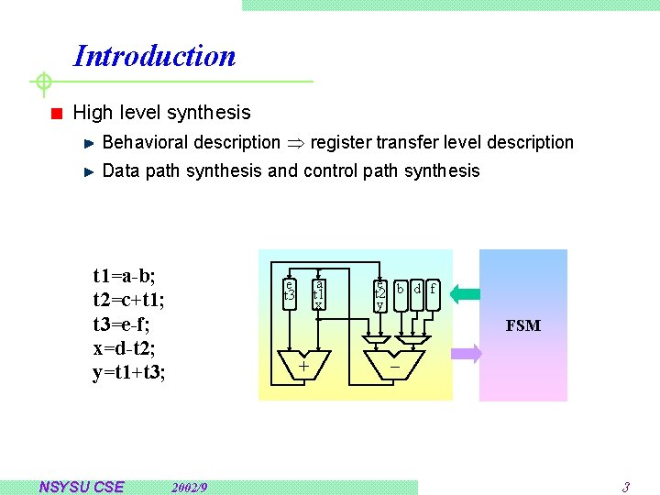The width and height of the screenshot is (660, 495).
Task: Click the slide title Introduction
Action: click(154, 56)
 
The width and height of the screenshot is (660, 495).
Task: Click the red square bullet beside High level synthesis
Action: click(56, 114)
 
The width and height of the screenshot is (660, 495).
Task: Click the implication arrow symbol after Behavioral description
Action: click(295, 143)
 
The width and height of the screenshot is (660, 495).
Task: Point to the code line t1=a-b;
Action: click(125, 275)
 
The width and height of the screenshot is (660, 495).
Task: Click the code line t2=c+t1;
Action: click(128, 300)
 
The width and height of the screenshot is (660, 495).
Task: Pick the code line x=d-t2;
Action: click(126, 349)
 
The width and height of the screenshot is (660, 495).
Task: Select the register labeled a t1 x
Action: click(318, 292)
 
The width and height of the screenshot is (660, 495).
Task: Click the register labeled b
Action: click(401, 292)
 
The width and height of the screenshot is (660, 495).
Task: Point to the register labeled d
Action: click(417, 292)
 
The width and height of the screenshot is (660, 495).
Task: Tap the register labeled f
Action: click(434, 292)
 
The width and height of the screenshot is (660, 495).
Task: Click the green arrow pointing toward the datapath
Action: click(465, 294)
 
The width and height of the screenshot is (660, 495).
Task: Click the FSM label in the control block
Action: click(523, 325)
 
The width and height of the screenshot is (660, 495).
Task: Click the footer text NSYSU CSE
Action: click(81, 487)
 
